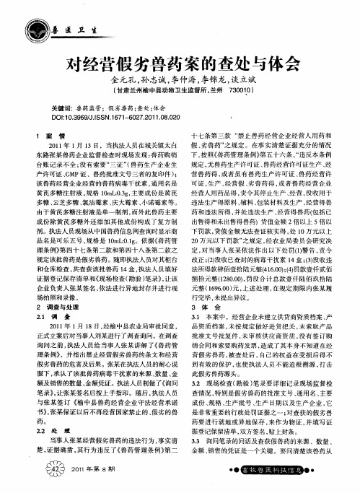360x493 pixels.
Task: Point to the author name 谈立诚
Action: tap(242, 79)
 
